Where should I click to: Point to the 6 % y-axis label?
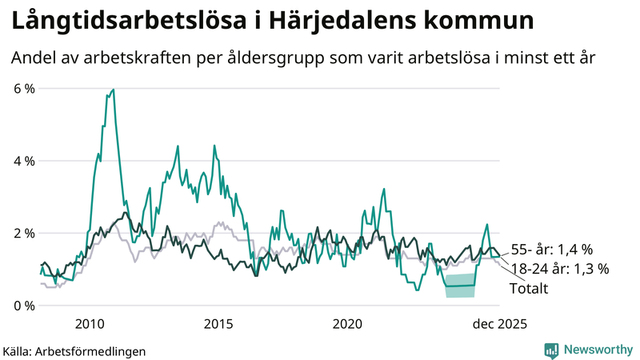pyautogui.click(x=24, y=89)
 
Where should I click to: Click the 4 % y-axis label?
pyautogui.click(x=24, y=161)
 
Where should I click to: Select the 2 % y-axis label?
pyautogui.click(x=24, y=234)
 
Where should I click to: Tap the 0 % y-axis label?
pyautogui.click(x=24, y=306)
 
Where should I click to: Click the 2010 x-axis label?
pyautogui.click(x=90, y=324)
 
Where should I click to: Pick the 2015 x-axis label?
pyautogui.click(x=218, y=324)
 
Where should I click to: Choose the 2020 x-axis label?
pyautogui.click(x=347, y=324)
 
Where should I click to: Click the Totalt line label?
pyautogui.click(x=529, y=288)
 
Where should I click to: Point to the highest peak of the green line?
pyautogui.click(x=113, y=90)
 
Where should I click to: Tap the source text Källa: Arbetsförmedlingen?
pyautogui.click(x=74, y=350)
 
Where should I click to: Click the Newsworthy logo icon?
pyautogui.click(x=552, y=350)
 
